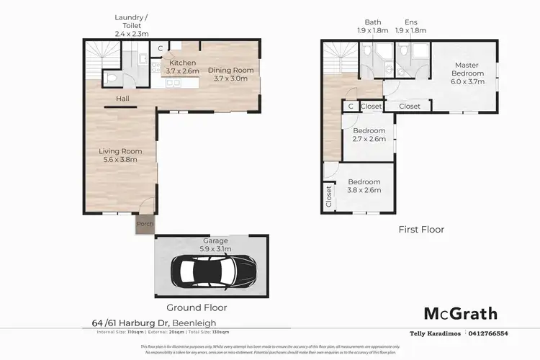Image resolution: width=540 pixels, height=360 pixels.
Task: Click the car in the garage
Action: [x=213, y=271]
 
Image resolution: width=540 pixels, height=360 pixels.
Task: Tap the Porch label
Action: [x=145, y=224]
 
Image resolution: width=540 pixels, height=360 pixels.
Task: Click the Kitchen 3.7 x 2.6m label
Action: [x=181, y=67]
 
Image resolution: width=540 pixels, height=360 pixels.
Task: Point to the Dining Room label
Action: [x=230, y=74]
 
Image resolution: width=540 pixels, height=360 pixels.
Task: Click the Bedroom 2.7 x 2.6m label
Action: [x=369, y=135]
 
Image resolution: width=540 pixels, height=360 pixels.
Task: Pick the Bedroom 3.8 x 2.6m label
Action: [x=364, y=186]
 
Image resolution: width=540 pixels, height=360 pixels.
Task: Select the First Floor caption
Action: [x=421, y=230]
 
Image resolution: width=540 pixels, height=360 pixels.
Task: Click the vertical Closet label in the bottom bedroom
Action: [x=329, y=196]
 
